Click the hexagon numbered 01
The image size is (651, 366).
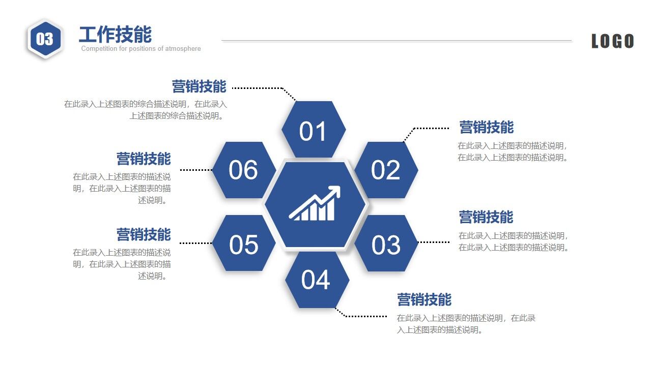tap(314, 130)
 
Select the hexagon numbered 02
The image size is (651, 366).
tap(386, 170)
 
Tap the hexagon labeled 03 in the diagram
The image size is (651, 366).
tap(386, 243)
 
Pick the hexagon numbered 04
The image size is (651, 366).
tap(317, 280)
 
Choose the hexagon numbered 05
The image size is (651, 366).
tap(244, 243)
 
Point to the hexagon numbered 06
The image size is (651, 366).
tap(244, 170)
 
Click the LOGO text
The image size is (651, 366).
tap(612, 41)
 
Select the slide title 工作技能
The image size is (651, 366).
tap(115, 35)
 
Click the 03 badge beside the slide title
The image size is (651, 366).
tap(45, 39)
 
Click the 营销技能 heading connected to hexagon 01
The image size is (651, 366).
tap(199, 86)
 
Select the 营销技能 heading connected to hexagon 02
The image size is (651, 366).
tap(486, 127)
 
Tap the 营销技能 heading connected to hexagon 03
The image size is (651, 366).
tap(486, 217)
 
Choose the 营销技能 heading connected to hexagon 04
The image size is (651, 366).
tap(424, 299)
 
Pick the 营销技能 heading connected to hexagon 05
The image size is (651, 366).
tap(144, 235)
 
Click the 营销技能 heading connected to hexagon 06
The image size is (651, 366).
tap(144, 159)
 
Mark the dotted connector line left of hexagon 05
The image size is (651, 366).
tap(196, 243)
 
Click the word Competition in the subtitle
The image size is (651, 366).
tap(98, 49)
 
